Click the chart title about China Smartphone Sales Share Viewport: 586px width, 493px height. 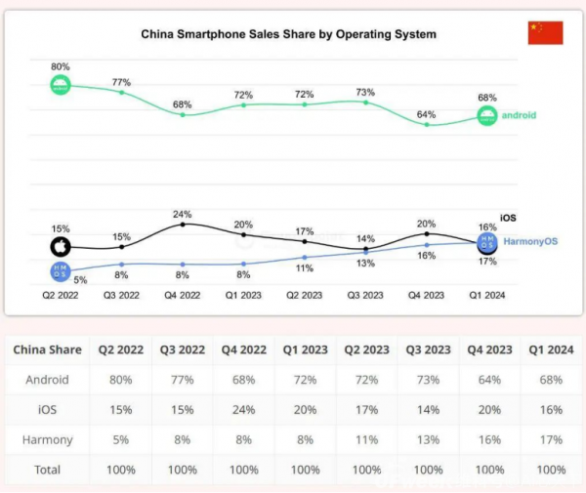pyautogui.click(x=288, y=34)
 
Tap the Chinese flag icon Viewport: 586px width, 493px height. pyautogui.click(x=545, y=33)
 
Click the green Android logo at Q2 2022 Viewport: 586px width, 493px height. pyautogui.click(x=61, y=85)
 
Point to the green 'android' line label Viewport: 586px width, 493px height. pyautogui.click(x=519, y=116)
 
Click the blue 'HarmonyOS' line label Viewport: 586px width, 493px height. pyautogui.click(x=530, y=241)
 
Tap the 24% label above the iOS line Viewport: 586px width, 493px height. pyautogui.click(x=183, y=214)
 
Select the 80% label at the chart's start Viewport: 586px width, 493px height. pyautogui.click(x=61, y=65)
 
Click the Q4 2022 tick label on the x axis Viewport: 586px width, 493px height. pyautogui.click(x=183, y=294)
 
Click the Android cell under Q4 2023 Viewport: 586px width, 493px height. pyautogui.click(x=487, y=380)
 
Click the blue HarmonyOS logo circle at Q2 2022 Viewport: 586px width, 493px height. pyautogui.click(x=61, y=272)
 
